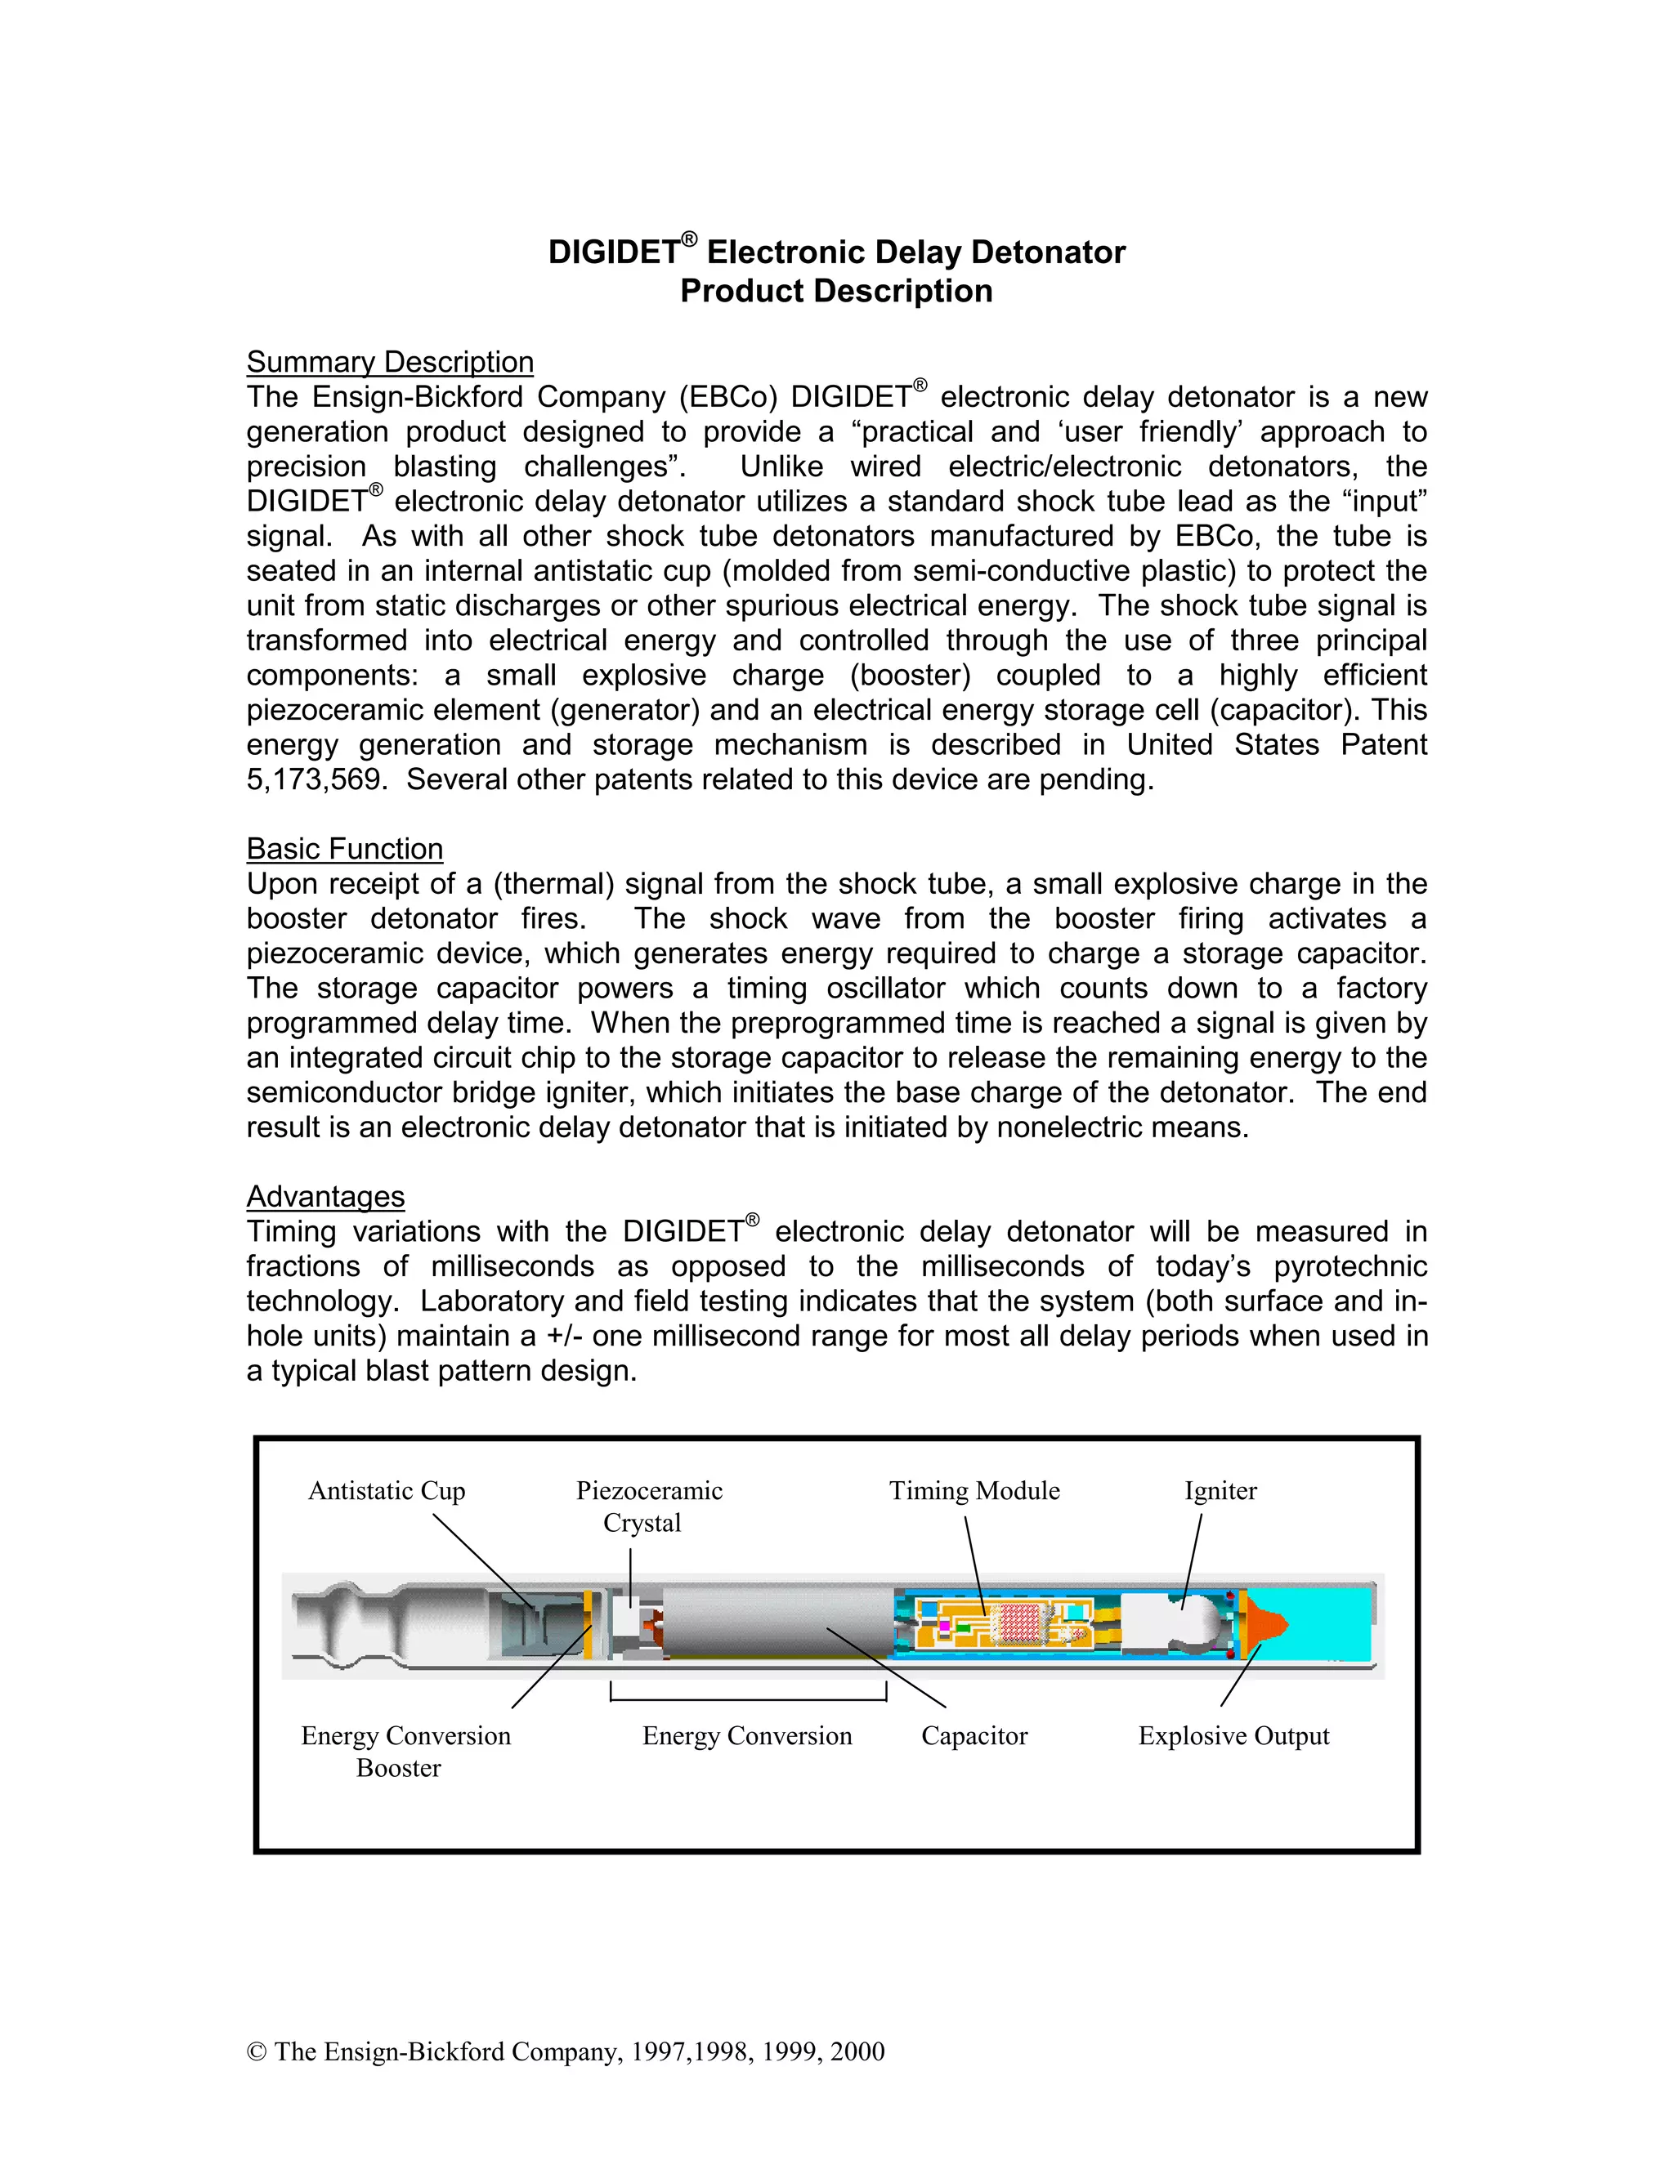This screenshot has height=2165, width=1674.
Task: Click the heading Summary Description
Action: [390, 362]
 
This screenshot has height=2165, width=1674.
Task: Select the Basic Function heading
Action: [344, 849]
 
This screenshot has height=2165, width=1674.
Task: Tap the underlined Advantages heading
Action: [325, 1197]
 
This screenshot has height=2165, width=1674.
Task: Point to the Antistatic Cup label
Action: [387, 1491]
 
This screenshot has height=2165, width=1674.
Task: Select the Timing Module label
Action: [974, 1491]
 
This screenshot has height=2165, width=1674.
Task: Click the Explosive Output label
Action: [1233, 1736]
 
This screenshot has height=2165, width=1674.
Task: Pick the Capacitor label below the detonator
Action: [974, 1736]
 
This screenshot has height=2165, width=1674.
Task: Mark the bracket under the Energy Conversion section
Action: [748, 1699]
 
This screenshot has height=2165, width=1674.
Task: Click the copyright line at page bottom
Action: [566, 2051]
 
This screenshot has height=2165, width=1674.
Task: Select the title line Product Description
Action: [836, 292]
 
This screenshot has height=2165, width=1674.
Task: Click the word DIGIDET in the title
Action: [613, 252]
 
